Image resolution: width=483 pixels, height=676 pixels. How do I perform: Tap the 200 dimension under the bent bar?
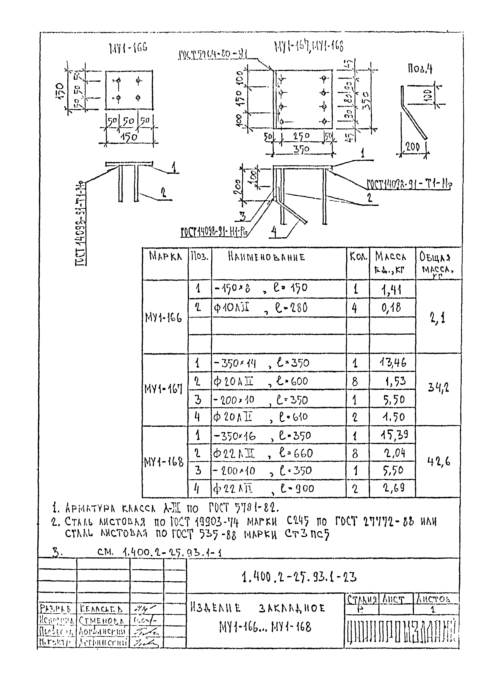(x=413, y=147)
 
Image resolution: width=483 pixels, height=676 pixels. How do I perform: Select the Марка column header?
(x=165, y=256)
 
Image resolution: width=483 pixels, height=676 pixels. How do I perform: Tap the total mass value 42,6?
(x=438, y=461)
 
